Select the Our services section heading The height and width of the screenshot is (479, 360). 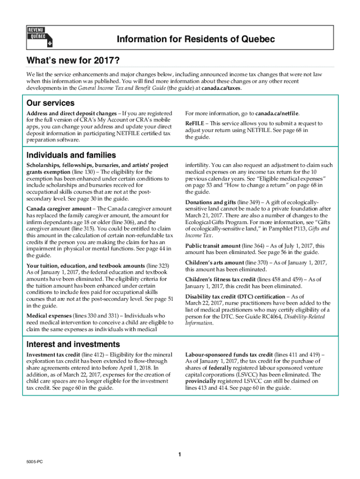[50, 103]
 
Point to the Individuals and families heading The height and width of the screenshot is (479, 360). [71, 155]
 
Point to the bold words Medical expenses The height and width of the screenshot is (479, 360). [49, 316]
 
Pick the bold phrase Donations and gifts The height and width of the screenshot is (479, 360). [210, 202]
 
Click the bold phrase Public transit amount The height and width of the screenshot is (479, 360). [213, 246]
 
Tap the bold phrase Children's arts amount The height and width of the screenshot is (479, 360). [215, 263]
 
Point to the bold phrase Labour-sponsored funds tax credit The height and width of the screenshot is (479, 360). [229, 355]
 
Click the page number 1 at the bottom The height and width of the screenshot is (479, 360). [180, 455]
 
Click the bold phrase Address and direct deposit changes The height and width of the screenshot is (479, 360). [72, 114]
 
